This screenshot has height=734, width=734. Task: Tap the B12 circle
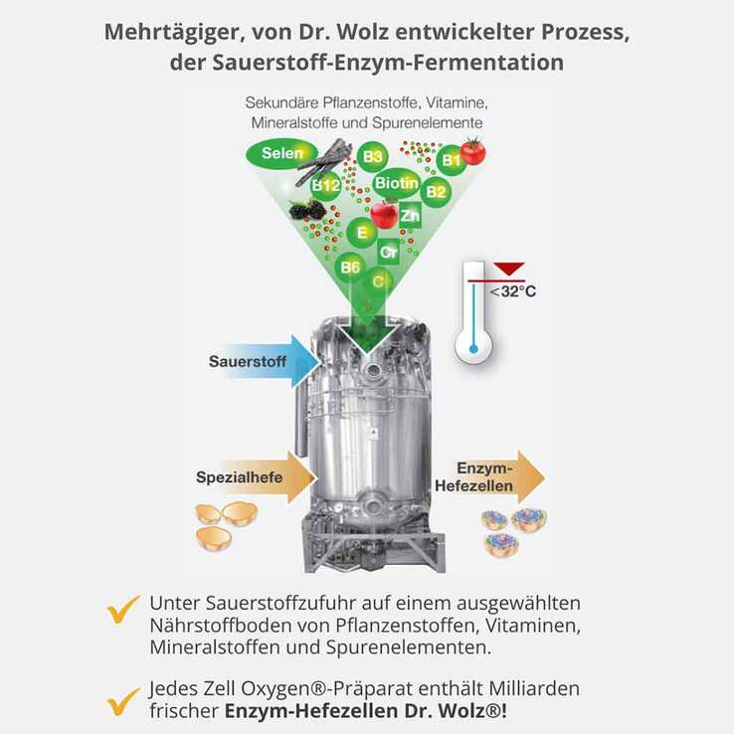[325, 185]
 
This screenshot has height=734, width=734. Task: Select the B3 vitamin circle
[372, 156]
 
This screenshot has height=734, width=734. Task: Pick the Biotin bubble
[396, 184]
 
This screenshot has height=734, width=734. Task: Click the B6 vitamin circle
[350, 267]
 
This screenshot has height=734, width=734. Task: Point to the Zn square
[409, 214]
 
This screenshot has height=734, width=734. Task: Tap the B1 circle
[451, 160]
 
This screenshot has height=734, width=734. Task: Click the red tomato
[472, 151]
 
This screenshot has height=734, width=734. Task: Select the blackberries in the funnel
[307, 210]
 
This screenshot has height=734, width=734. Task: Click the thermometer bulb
[472, 350]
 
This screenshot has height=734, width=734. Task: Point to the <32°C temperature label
[513, 291]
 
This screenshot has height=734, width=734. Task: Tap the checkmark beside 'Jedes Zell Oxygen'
[123, 701]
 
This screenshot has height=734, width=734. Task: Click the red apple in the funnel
[384, 214]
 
